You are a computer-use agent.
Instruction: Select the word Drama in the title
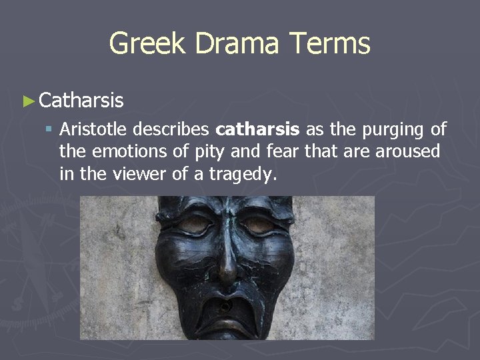click(229, 44)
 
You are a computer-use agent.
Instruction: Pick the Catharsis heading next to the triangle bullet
click(81, 101)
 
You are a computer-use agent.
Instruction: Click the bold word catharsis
click(257, 129)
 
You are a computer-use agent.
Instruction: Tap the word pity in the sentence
click(211, 153)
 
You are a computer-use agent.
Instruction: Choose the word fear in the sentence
click(283, 151)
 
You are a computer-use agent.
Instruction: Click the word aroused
click(407, 151)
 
